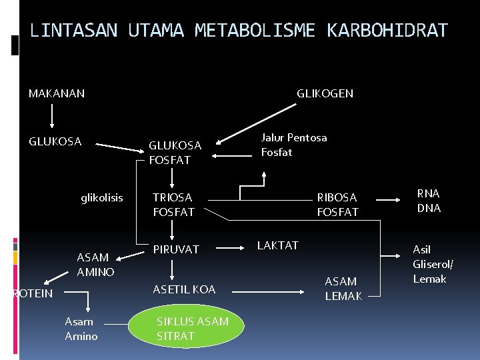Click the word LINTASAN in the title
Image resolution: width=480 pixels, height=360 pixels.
point(74,31)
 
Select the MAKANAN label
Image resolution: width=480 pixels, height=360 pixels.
point(57,93)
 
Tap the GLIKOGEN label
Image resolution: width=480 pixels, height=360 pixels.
point(325,93)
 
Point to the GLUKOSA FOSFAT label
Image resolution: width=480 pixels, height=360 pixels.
point(175,153)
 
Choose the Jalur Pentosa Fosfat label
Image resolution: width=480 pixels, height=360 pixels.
point(294,145)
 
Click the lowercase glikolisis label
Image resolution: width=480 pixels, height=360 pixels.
point(102,197)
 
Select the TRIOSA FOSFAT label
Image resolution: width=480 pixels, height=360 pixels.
point(173,205)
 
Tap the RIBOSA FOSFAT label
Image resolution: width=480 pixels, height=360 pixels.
point(337,205)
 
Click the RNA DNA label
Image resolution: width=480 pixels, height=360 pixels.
point(428,201)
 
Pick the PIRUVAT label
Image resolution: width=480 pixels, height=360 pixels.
point(176,249)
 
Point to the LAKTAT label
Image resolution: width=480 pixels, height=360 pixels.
point(277,245)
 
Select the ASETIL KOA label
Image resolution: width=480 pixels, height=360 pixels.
point(184,289)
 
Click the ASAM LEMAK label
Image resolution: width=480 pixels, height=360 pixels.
point(343,289)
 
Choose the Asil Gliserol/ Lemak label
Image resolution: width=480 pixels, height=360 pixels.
point(433,264)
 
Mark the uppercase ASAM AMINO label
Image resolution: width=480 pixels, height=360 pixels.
point(95,265)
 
